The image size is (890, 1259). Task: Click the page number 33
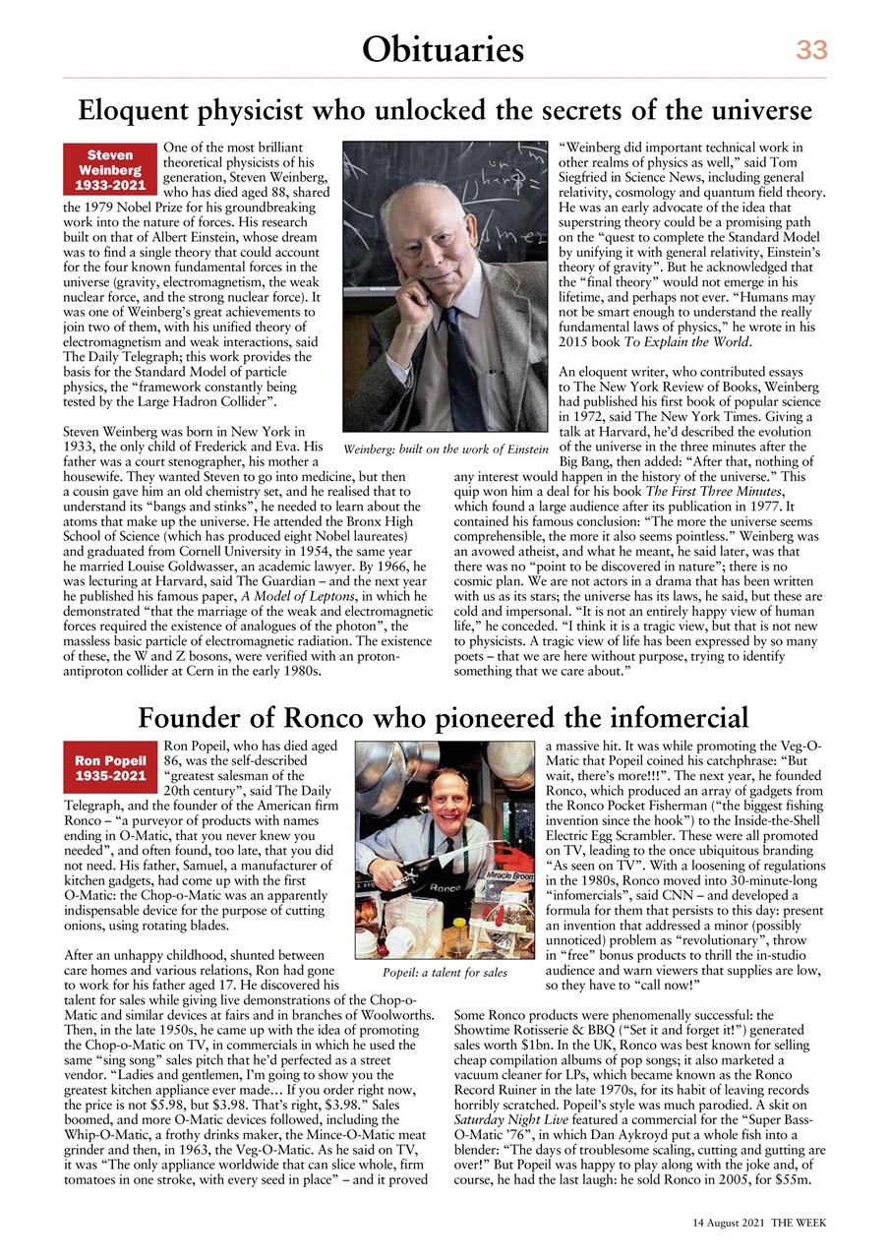811,49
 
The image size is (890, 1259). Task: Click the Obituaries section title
444,48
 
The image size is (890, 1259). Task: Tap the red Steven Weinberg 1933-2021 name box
110,169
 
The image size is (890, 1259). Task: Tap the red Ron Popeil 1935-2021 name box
110,769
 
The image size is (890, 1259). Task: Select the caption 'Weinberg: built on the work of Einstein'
445,450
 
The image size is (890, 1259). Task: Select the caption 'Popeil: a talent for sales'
445,973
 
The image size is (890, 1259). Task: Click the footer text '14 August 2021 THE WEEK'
757,1222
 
